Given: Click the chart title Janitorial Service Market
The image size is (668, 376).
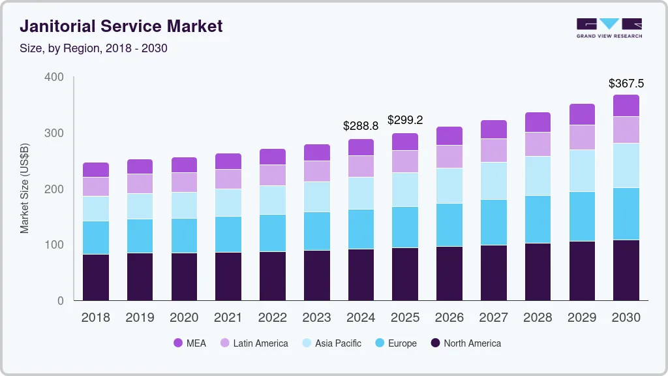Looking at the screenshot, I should [x=121, y=26].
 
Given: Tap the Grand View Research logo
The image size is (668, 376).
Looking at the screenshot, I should [x=609, y=27].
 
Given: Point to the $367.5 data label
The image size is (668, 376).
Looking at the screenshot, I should [x=626, y=84].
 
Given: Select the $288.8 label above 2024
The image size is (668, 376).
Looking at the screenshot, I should [x=361, y=126].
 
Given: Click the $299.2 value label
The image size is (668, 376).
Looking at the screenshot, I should [x=405, y=120].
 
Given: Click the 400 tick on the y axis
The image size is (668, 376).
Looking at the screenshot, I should [x=54, y=77].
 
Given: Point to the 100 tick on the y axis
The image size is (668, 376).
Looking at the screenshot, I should [x=54, y=245].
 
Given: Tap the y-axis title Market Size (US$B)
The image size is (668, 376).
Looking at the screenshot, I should [x=25, y=189].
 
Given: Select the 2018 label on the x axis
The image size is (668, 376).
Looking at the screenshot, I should [x=95, y=318].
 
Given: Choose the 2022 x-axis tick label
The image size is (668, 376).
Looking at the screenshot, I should [x=272, y=318].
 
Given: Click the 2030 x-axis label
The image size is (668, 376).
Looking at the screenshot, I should [x=626, y=318].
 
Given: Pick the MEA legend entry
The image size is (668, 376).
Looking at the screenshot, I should [x=190, y=343].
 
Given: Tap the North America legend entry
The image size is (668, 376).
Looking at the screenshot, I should [x=465, y=343].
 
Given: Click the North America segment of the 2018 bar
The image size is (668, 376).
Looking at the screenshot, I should [x=95, y=277].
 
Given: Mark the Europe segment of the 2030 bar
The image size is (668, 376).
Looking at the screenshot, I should [x=626, y=213].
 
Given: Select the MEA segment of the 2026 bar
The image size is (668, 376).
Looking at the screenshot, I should [x=449, y=136].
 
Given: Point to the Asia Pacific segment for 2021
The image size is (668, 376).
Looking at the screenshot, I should [x=228, y=202].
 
